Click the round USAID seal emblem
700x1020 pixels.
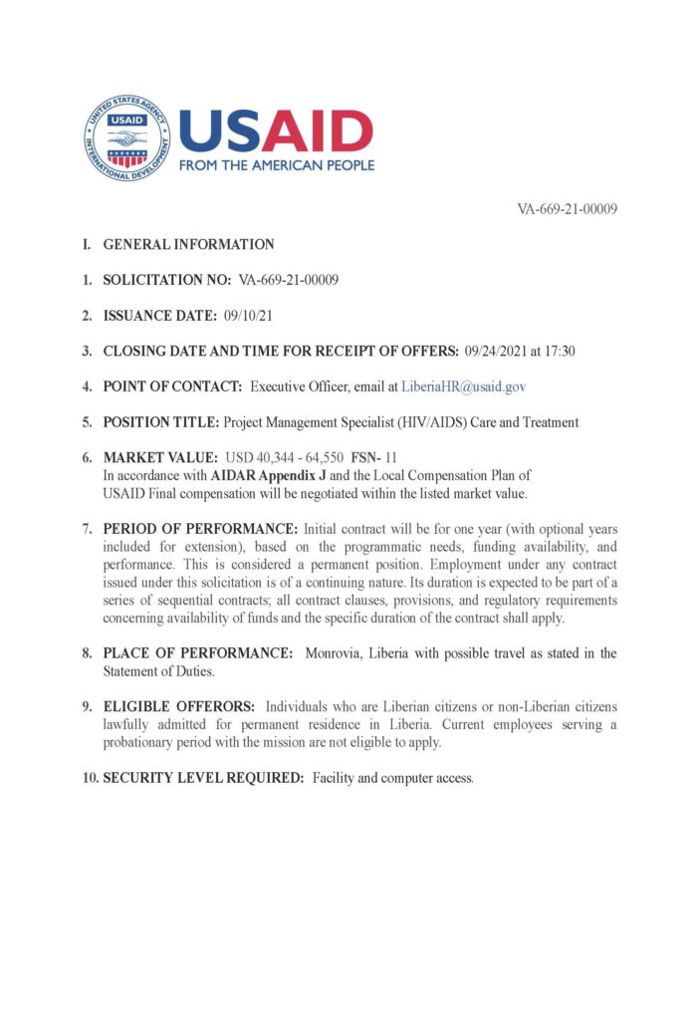click(x=126, y=138)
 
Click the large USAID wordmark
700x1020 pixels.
click(x=276, y=129)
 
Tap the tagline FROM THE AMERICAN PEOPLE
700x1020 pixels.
click(x=276, y=165)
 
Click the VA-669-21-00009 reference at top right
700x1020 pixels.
click(x=568, y=209)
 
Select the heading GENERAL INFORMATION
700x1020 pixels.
click(x=188, y=244)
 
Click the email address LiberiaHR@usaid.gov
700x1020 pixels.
click(x=463, y=386)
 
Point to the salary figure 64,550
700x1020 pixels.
click(x=323, y=458)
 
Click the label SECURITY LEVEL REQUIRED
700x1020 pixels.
click(x=203, y=777)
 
